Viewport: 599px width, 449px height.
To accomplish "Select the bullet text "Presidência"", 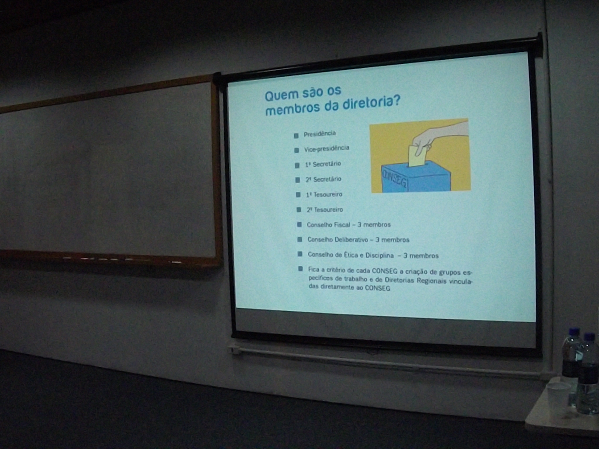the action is [320, 134].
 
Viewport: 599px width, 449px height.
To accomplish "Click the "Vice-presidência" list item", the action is [327, 149].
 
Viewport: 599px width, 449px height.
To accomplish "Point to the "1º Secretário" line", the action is [323, 164].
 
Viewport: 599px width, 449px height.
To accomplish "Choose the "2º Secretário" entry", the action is [323, 179].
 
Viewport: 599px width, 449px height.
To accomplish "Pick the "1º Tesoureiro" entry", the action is [324, 194].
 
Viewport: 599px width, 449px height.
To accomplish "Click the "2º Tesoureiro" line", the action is [325, 210].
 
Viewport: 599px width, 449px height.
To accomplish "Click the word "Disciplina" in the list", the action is [379, 255].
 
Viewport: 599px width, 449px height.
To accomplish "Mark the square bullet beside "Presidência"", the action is [296, 136].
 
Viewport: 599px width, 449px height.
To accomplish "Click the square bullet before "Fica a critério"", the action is [300, 269].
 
